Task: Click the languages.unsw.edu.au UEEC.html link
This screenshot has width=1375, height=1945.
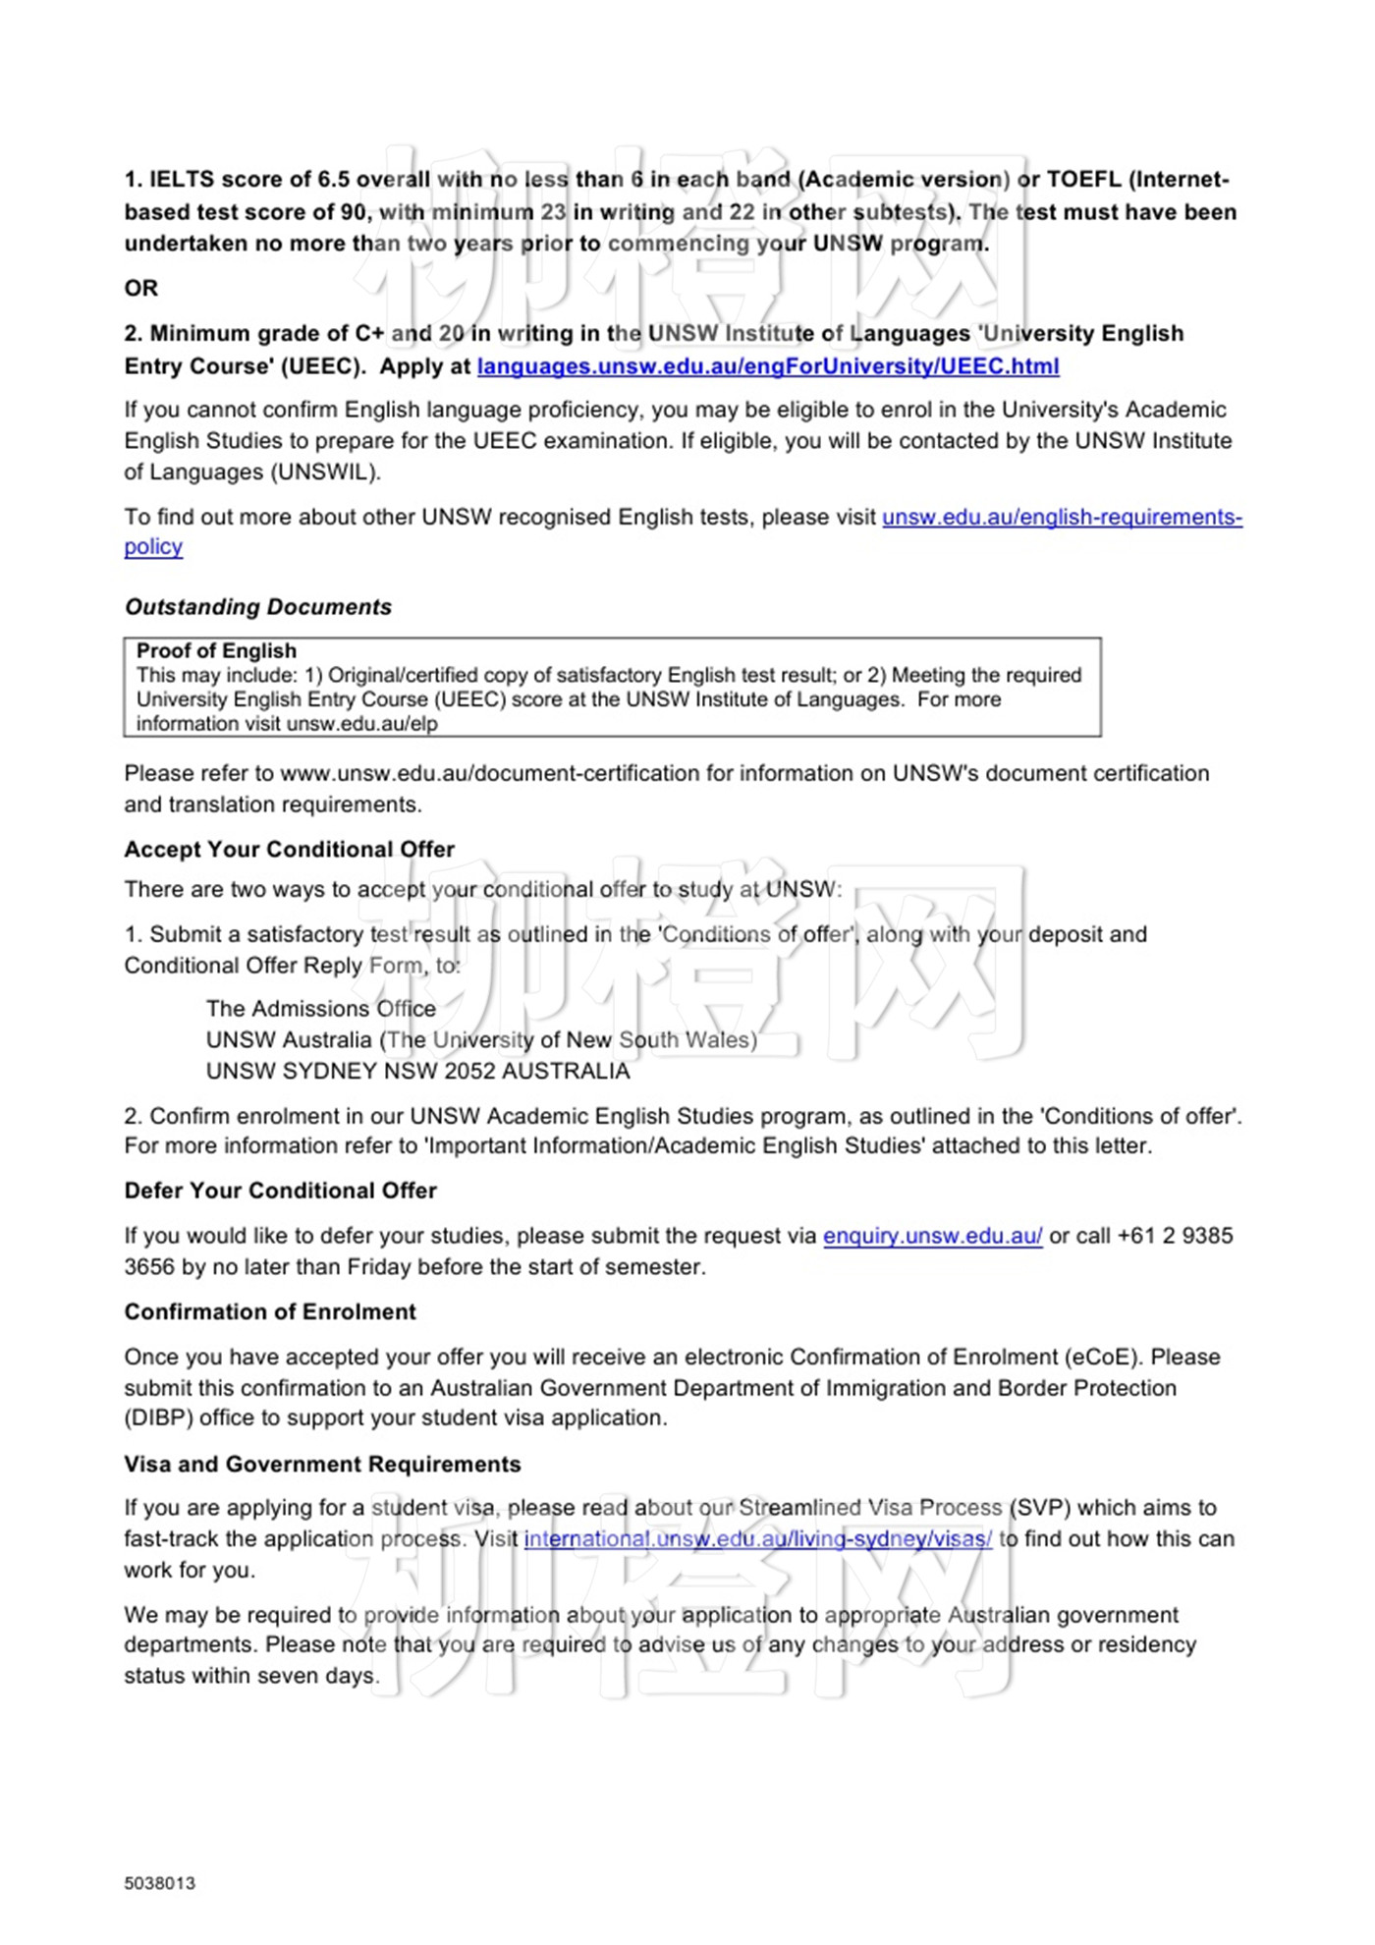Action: (x=767, y=366)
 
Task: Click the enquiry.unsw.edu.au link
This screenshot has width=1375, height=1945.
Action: (x=932, y=1236)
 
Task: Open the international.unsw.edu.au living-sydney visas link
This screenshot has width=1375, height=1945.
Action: (x=757, y=1538)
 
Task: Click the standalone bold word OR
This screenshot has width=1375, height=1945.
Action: (x=140, y=288)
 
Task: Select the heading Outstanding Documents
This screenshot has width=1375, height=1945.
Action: (x=257, y=607)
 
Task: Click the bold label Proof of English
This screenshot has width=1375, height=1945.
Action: (x=216, y=650)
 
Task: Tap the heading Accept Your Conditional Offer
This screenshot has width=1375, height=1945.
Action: (x=289, y=849)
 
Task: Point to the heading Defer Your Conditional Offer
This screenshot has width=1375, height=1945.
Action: (x=280, y=1191)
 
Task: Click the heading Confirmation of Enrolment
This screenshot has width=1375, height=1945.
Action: (x=270, y=1311)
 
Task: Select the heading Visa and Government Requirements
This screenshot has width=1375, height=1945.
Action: (x=322, y=1464)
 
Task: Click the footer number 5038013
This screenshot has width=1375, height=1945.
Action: (x=159, y=1883)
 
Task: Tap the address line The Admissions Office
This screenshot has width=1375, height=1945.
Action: (x=321, y=1009)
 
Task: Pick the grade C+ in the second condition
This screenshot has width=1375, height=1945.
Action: (x=369, y=334)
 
